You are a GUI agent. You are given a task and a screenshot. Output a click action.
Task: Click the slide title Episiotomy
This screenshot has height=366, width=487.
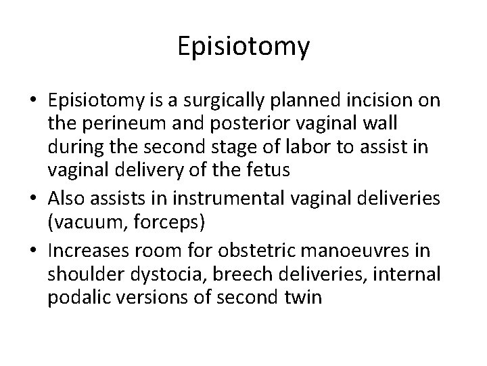click(x=243, y=47)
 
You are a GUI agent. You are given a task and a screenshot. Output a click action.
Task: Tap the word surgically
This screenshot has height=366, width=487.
click(x=224, y=101)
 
